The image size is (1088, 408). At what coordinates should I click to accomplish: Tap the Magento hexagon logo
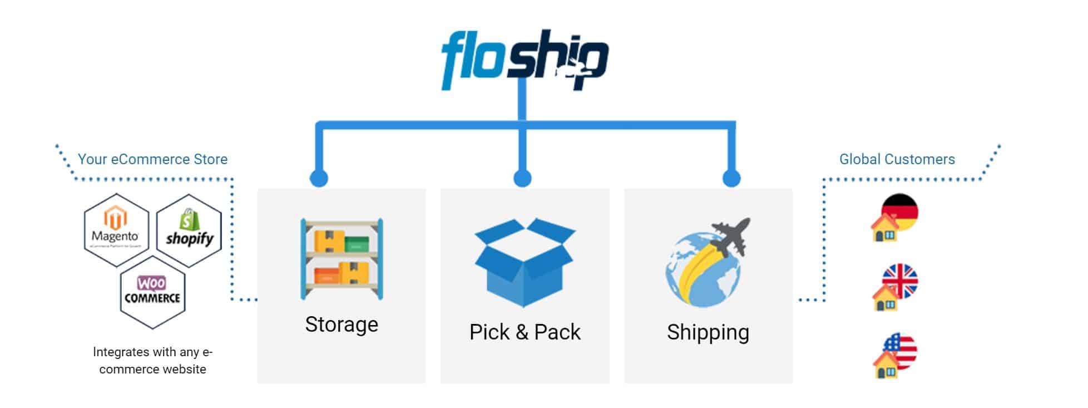116,229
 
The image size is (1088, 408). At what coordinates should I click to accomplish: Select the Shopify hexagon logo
189,230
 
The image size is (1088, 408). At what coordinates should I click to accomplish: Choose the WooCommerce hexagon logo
152,292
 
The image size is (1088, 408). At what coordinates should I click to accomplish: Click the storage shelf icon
342,259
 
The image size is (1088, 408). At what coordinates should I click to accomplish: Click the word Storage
342,324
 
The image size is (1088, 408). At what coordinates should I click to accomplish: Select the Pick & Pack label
525,332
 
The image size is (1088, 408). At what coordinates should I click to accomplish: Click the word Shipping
708,332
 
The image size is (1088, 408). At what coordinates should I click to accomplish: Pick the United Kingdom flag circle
901,280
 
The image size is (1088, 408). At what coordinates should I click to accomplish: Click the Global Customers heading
897,159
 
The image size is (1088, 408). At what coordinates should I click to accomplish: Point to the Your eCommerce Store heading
152,159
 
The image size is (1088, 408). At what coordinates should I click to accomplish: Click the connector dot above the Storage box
319,178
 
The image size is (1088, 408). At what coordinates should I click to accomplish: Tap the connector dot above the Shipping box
731,178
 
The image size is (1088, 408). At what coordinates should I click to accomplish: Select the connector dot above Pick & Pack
522,178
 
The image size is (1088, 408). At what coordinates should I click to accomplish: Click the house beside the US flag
886,366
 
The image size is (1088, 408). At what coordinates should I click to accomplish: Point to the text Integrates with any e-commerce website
152,360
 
